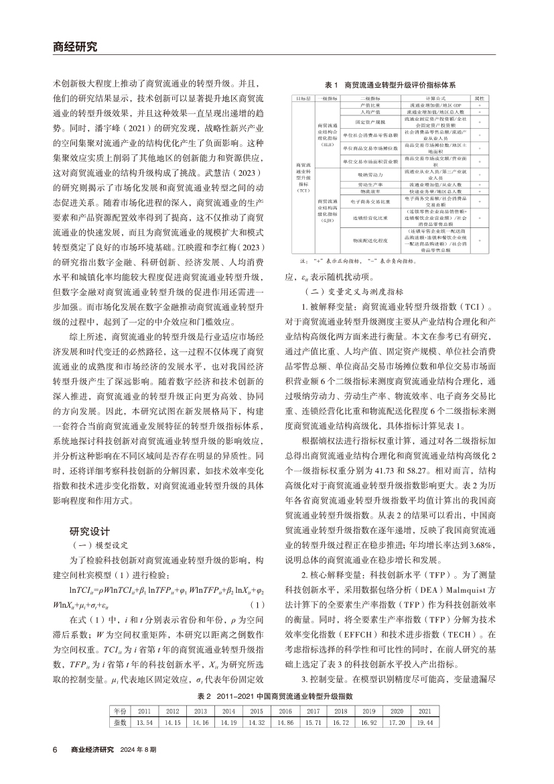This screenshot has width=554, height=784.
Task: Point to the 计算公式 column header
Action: point(421,99)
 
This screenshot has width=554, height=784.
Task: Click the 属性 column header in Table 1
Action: point(479,99)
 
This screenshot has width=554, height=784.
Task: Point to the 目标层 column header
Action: point(303,99)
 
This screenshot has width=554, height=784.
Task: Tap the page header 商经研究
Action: point(75,47)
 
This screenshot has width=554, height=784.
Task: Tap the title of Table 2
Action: point(277,697)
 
